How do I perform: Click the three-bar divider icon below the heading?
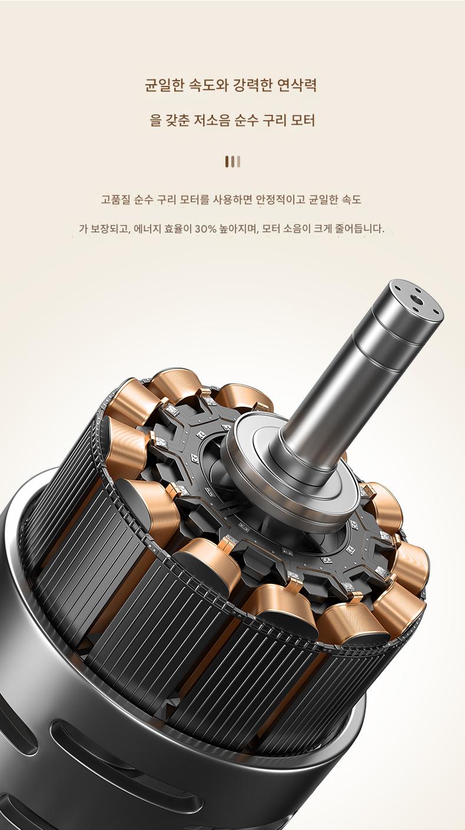232,161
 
